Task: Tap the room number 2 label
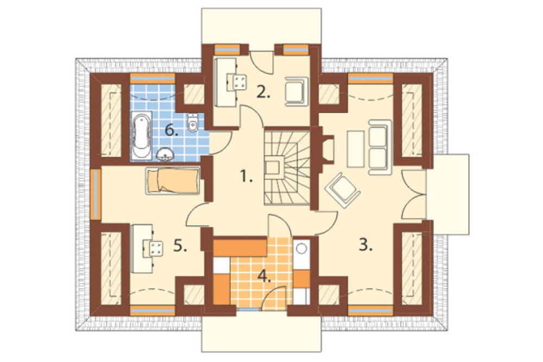tap(263, 92)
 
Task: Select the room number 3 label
tap(365, 245)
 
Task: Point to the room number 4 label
tap(264, 277)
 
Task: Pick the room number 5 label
tap(180, 246)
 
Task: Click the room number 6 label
tap(172, 130)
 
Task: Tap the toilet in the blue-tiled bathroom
tap(193, 123)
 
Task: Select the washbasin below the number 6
tap(166, 155)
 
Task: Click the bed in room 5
tap(173, 181)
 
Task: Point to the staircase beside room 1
tap(287, 167)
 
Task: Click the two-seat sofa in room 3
tap(379, 147)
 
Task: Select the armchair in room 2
tap(296, 91)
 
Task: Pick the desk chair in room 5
tap(155, 249)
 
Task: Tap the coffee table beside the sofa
tap(356, 148)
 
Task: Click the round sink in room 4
tap(302, 248)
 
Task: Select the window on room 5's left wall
tap(96, 194)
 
